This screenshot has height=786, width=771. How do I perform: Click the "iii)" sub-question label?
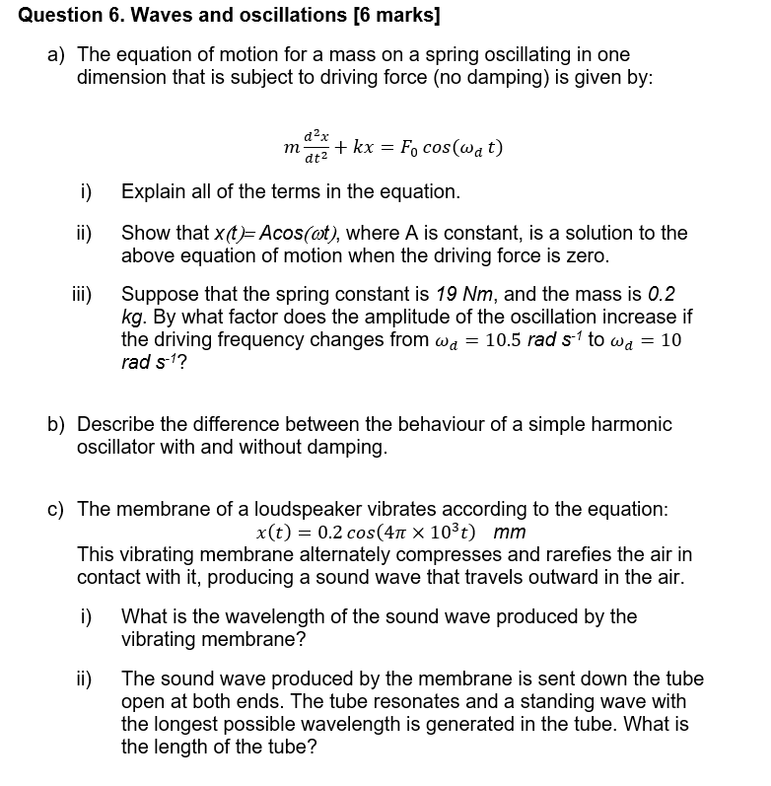[x=83, y=294]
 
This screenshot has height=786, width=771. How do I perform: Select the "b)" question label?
[x=58, y=424]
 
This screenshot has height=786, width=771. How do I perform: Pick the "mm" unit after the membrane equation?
[x=509, y=533]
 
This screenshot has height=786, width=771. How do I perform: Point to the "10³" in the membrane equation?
[x=447, y=532]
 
